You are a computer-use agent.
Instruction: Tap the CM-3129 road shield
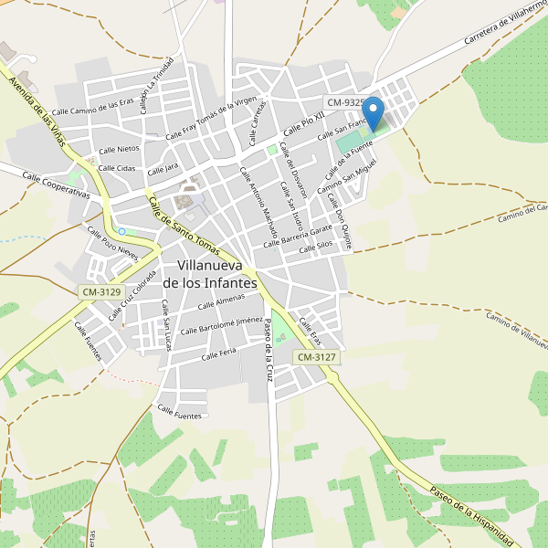click(x=100, y=291)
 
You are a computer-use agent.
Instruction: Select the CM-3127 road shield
click(x=317, y=357)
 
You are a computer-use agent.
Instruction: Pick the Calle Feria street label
click(x=218, y=353)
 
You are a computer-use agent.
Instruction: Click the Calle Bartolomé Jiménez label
click(x=222, y=326)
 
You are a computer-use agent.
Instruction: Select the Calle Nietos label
click(x=119, y=149)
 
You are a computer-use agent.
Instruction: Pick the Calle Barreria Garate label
click(x=297, y=236)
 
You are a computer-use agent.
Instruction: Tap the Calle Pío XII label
click(x=304, y=121)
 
